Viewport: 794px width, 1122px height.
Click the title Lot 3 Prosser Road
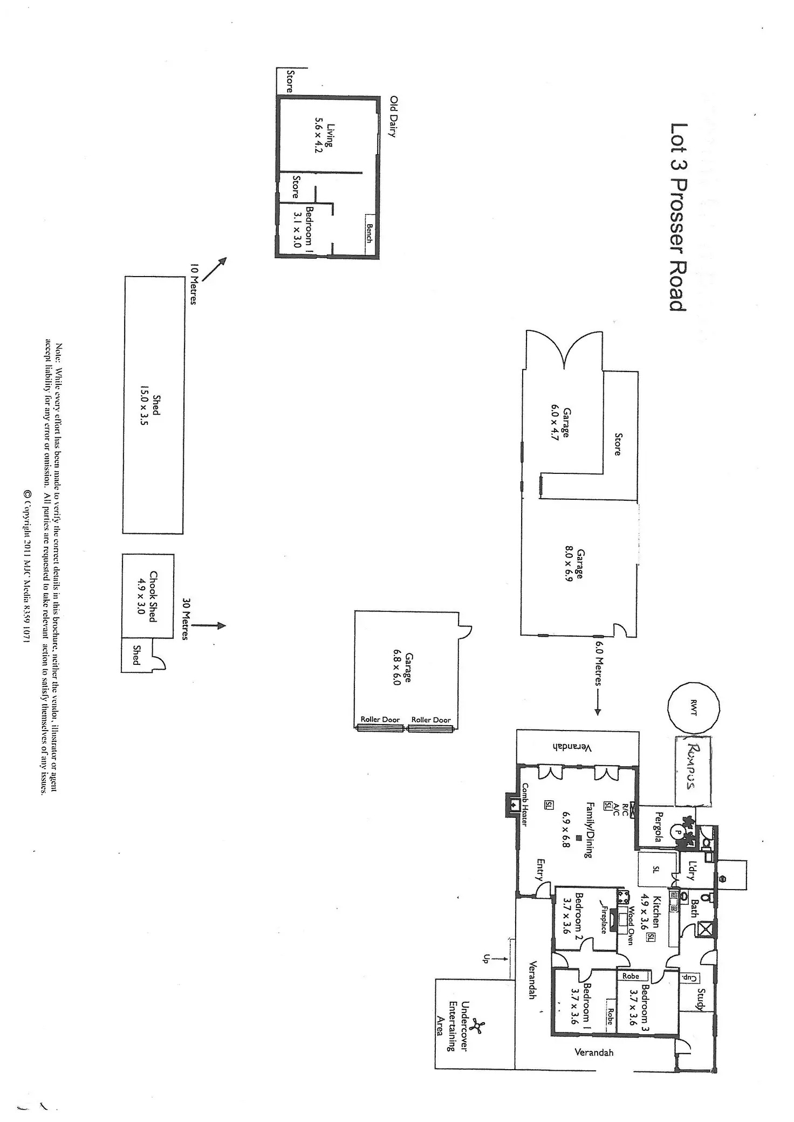[x=678, y=217]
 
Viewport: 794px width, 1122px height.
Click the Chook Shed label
[x=153, y=596]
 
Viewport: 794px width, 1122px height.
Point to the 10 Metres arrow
[x=215, y=270]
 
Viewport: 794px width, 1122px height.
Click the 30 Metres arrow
[x=208, y=626]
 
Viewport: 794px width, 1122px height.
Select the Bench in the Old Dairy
[x=369, y=233]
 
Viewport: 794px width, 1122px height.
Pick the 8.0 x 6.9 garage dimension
[x=568, y=565]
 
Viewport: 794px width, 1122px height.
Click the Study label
[x=701, y=999]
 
